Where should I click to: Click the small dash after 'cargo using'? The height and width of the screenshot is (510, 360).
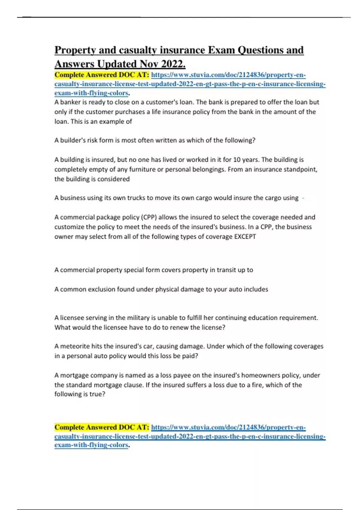[303, 198]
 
